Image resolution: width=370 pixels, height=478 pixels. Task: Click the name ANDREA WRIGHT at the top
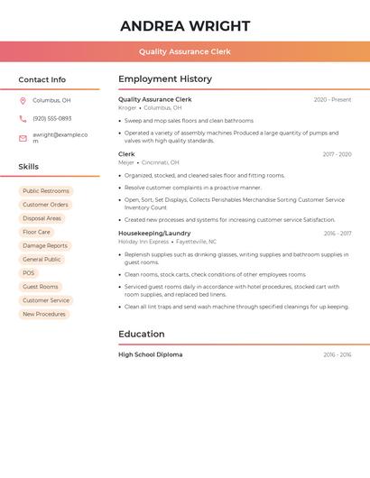(x=185, y=26)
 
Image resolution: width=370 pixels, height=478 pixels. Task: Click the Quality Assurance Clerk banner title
(x=185, y=51)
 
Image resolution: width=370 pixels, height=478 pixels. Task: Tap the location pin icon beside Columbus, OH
(x=23, y=100)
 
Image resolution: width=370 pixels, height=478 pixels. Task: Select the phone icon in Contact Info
(x=23, y=118)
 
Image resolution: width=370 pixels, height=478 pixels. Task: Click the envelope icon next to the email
(x=23, y=138)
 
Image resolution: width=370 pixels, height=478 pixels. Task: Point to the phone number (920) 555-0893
(x=51, y=118)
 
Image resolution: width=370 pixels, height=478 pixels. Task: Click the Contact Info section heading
(x=42, y=79)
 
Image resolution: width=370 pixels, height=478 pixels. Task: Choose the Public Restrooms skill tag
(x=46, y=191)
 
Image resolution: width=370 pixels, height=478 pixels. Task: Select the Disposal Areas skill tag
(x=42, y=218)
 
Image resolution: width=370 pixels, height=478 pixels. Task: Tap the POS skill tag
(x=29, y=273)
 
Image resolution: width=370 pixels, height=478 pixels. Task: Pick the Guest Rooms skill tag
(x=41, y=287)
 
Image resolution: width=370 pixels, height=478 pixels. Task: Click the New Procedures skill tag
(x=44, y=314)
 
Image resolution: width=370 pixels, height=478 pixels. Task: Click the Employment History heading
(x=165, y=79)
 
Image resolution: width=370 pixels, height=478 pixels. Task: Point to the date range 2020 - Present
(x=332, y=100)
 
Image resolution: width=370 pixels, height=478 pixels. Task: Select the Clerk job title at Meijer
(x=126, y=154)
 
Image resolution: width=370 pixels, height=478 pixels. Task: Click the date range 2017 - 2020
(x=337, y=154)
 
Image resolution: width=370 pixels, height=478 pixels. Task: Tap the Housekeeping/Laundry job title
(x=154, y=234)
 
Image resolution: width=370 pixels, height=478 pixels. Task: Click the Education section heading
(x=142, y=334)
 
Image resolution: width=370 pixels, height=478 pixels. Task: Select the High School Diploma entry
(x=150, y=354)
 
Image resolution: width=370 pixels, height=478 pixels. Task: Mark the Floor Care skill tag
(x=37, y=232)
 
